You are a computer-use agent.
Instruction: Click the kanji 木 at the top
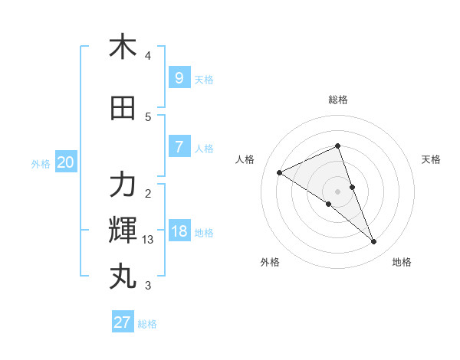pos(123,47)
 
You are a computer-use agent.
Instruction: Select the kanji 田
pos(123,108)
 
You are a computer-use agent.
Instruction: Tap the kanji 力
pos(123,185)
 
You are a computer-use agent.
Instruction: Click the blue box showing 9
pos(179,77)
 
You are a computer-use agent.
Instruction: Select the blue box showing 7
pos(179,147)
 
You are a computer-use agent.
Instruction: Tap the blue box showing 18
pos(179,231)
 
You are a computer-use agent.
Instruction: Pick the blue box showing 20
pos(65,162)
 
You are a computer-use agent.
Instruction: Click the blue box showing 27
pos(123,322)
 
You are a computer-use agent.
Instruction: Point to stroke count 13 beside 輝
pos(148,240)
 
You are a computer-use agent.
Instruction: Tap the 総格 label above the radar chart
pos(338,100)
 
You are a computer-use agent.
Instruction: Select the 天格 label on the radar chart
pos(431,159)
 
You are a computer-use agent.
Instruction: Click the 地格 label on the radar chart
pos(402,262)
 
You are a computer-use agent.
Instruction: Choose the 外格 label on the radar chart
pos(270,262)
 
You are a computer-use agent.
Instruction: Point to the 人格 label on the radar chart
pos(245,159)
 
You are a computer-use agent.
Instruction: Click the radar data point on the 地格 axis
pos(374,241)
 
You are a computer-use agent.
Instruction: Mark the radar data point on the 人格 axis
pos(279,172)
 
